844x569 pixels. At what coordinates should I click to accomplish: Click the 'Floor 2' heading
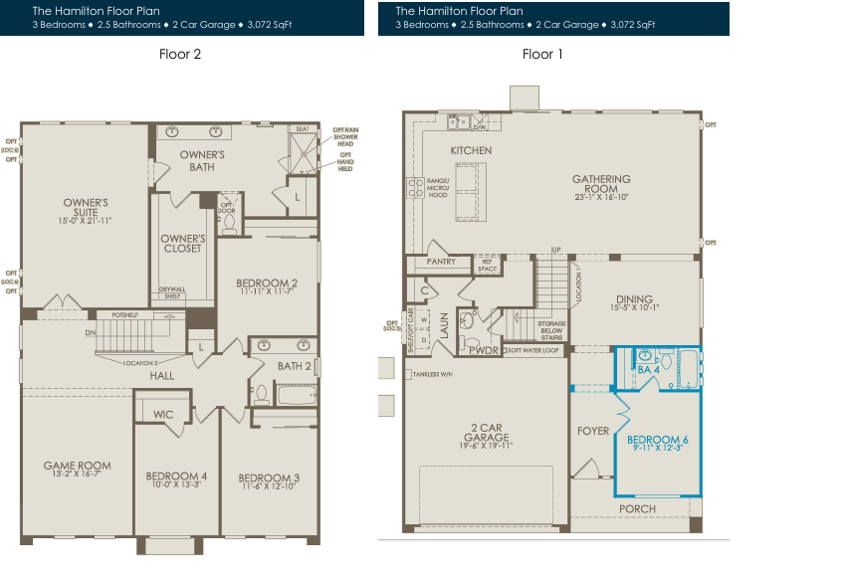click(x=180, y=54)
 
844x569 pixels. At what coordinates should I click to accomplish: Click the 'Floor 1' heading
click(x=542, y=54)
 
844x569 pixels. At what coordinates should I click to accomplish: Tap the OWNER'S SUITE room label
click(x=79, y=210)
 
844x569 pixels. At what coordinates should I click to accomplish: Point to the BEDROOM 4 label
click(x=176, y=480)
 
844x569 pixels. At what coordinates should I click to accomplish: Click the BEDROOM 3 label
click(x=269, y=480)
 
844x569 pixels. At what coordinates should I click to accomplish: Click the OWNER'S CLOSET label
click(x=183, y=244)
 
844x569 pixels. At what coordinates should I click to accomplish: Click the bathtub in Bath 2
click(x=296, y=396)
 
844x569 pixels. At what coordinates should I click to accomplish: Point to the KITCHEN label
click(x=471, y=150)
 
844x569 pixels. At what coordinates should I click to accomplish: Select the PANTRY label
click(x=440, y=263)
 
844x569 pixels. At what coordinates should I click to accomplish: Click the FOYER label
click(x=593, y=431)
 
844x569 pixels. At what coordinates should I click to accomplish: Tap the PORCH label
click(x=637, y=509)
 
